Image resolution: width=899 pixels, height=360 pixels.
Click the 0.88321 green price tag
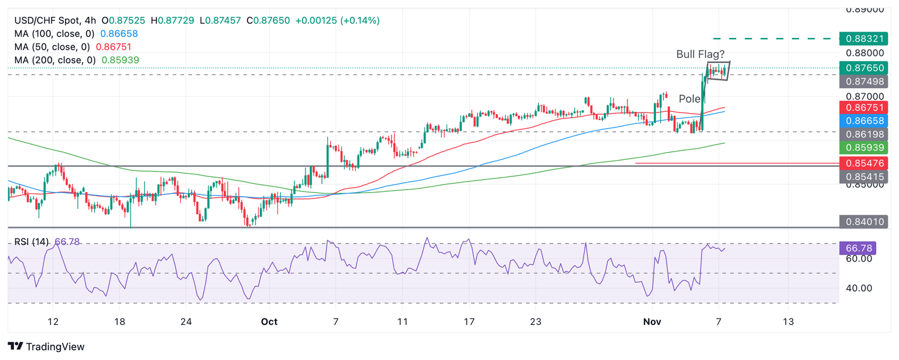point(863,39)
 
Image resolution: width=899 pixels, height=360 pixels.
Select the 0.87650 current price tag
point(863,68)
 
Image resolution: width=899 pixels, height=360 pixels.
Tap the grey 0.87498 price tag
point(863,81)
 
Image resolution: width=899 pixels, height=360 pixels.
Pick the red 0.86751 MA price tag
point(863,107)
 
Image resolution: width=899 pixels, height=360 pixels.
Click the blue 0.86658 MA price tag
point(863,121)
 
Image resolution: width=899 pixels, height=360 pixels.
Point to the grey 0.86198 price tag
point(863,134)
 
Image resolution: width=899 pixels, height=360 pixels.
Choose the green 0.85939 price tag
point(863,147)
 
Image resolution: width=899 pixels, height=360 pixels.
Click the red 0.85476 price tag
point(863,163)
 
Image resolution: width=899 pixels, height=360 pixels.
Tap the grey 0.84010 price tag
point(863,221)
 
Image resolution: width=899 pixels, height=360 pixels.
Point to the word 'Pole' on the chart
point(689,98)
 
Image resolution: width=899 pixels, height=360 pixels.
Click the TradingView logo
point(46,347)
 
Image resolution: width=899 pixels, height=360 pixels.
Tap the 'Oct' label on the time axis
point(269,322)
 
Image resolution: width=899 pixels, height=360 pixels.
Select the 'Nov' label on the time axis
point(652,322)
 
